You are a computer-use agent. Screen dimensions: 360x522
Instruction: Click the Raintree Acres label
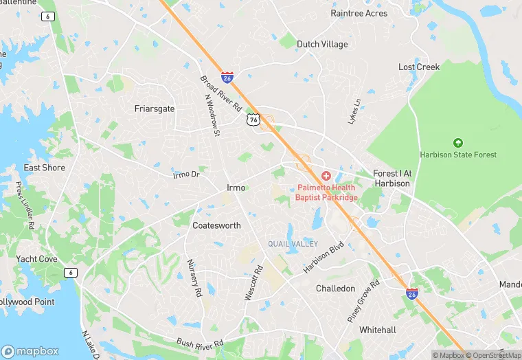(359, 13)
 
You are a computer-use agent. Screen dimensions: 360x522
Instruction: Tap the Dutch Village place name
(322, 44)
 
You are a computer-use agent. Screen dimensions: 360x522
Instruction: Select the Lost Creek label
(419, 67)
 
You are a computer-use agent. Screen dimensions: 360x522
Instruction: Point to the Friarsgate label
(155, 109)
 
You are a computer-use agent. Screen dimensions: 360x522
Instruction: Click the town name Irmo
(236, 188)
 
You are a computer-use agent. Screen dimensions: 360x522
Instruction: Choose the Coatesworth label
(216, 225)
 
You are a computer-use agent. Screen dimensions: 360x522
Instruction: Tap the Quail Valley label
(293, 244)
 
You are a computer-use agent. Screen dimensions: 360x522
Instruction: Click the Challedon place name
(335, 289)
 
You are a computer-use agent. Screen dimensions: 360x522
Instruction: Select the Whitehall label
(378, 330)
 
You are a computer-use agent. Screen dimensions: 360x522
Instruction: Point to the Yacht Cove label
(36, 259)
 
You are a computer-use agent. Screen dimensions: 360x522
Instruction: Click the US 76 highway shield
(253, 120)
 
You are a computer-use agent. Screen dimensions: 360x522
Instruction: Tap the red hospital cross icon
(326, 177)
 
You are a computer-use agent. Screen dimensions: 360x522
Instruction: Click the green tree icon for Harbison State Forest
(458, 143)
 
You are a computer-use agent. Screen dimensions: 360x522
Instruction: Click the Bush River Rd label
(201, 342)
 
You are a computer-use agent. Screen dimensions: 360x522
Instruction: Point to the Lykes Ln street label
(356, 109)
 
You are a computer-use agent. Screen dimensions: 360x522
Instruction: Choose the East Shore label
(45, 168)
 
